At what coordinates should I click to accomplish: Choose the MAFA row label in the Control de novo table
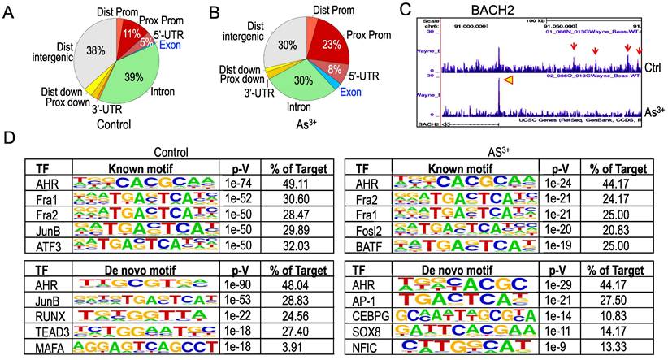point(43,345)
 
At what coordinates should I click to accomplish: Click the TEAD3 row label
point(43,331)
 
